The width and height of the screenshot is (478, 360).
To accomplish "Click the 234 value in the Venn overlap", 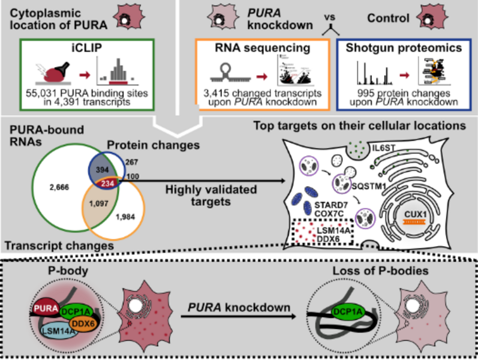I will tap(110, 183).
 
